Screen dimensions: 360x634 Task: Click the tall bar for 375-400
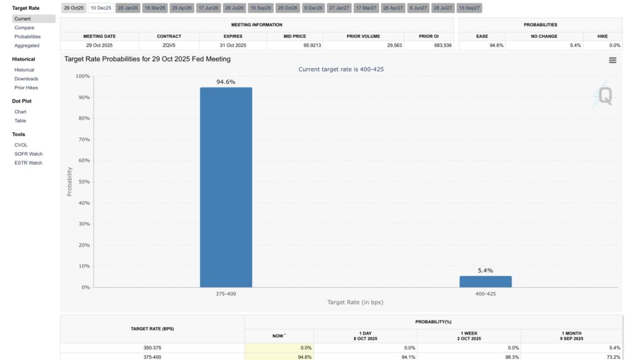[225, 187]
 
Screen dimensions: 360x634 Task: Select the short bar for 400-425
[485, 282]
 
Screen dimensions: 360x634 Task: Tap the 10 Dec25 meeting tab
[100, 8]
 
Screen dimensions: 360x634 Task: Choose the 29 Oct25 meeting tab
[73, 8]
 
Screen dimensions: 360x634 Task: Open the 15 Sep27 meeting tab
[469, 8]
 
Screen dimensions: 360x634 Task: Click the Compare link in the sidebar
[24, 28]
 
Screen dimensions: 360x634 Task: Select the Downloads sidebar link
[26, 79]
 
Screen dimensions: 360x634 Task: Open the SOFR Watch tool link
[29, 154]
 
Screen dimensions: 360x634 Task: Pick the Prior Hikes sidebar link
[26, 88]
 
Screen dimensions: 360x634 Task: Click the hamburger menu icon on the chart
[612, 60]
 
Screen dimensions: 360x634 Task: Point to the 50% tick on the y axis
[82, 182]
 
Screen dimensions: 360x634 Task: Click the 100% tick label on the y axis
[81, 76]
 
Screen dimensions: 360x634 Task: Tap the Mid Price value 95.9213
[295, 45]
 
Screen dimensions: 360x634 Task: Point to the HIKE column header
[602, 36]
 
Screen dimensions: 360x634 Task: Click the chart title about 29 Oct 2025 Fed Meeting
[148, 59]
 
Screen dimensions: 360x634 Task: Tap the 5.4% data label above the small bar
[485, 271]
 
